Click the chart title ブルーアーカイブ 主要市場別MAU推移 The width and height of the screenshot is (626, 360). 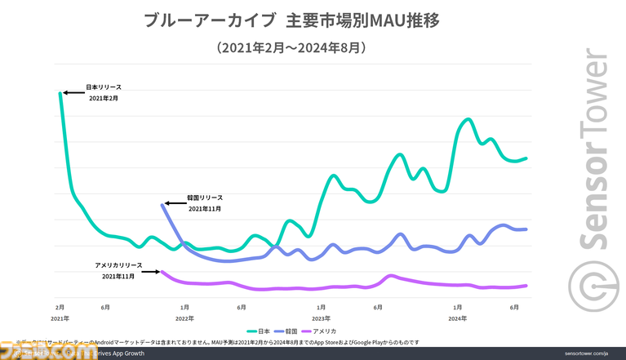pyautogui.click(x=291, y=20)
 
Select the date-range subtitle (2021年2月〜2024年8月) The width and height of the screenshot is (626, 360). pyautogui.click(x=291, y=48)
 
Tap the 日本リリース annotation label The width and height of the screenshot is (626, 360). pyautogui.click(x=104, y=87)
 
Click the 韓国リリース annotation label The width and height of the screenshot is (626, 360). pyautogui.click(x=205, y=198)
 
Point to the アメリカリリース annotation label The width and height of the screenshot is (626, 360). pyautogui.click(x=118, y=266)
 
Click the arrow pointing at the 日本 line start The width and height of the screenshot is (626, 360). pyautogui.click(x=74, y=92)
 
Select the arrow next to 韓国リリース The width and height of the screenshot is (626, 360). pyautogui.click(x=174, y=202)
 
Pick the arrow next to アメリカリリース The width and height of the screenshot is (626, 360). pyautogui.click(x=152, y=271)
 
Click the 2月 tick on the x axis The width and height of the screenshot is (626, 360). pyautogui.click(x=60, y=307)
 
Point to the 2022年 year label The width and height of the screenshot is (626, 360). pyautogui.click(x=184, y=318)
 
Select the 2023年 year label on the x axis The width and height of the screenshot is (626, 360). pyautogui.click(x=321, y=318)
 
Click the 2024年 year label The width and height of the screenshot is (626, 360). pyautogui.click(x=457, y=318)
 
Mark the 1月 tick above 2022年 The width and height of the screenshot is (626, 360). pyautogui.click(x=184, y=307)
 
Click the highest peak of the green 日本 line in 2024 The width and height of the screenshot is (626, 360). pyautogui.click(x=468, y=119)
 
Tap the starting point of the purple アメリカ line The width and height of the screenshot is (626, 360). pyautogui.click(x=162, y=272)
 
